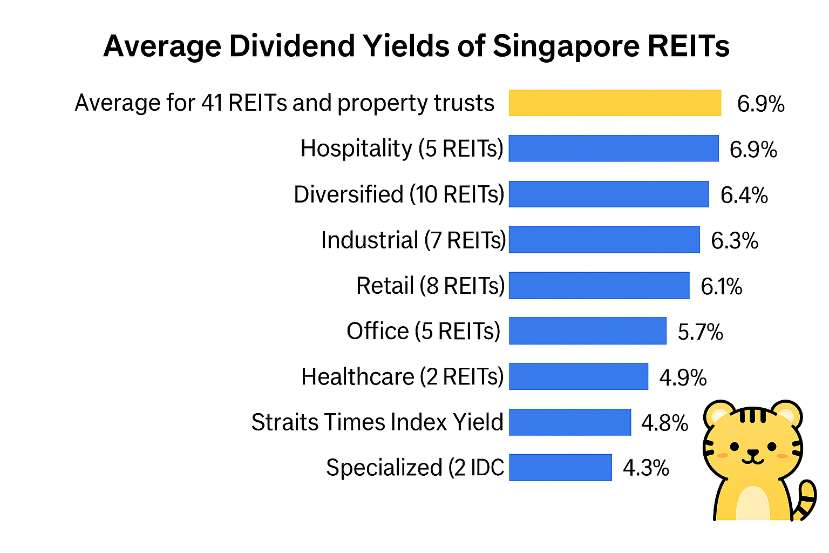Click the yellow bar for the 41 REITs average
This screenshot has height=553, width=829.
click(x=615, y=103)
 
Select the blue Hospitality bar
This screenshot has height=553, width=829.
click(x=614, y=149)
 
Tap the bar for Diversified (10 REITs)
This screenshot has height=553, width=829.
click(x=609, y=194)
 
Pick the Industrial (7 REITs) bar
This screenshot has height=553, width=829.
click(x=604, y=240)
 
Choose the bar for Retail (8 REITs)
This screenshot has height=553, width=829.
click(x=599, y=285)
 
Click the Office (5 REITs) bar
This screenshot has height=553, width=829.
click(x=588, y=331)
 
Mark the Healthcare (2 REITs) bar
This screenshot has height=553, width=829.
click(x=579, y=376)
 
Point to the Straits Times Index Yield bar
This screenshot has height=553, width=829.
click(x=570, y=422)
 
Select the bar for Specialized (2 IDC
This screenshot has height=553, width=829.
click(x=561, y=467)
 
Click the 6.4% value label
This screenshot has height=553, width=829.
click(x=744, y=195)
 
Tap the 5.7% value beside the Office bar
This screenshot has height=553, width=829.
click(x=700, y=332)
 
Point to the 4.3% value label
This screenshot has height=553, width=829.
click(x=646, y=468)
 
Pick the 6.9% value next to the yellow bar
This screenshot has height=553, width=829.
click(x=760, y=104)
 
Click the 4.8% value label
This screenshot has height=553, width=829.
click(x=664, y=423)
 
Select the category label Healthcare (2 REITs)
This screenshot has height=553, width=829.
click(x=402, y=376)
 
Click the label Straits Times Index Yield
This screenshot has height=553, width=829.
click(x=377, y=422)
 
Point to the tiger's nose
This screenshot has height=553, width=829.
click(x=753, y=452)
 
